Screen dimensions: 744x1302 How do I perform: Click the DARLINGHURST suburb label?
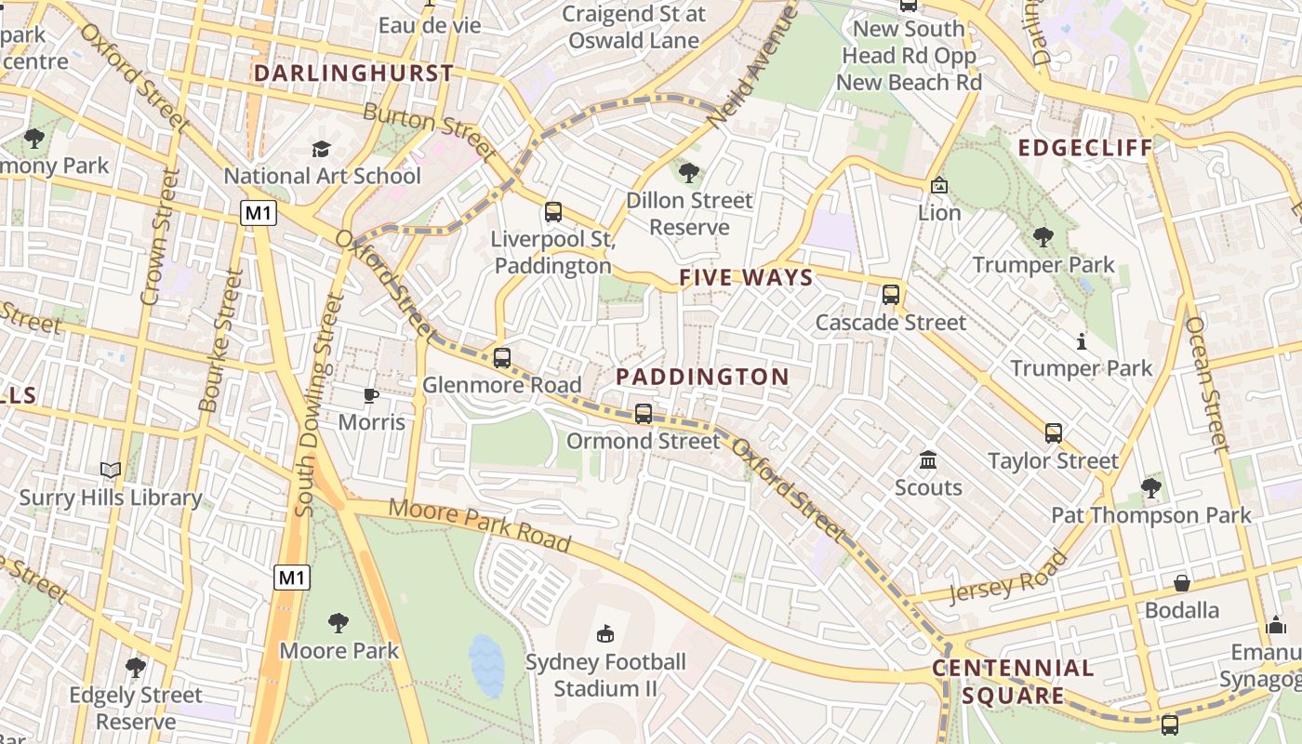(353, 73)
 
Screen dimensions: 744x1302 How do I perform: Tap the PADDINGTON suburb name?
(702, 377)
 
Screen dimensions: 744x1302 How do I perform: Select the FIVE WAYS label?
(746, 277)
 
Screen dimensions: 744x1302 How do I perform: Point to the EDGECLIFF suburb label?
(1084, 148)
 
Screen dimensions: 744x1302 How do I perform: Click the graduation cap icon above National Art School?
(321, 149)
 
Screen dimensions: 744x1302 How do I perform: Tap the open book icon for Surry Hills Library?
(111, 471)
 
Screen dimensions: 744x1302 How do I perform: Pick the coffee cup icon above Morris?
(371, 395)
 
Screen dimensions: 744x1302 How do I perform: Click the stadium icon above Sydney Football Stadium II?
(605, 634)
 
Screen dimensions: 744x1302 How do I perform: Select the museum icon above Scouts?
(927, 459)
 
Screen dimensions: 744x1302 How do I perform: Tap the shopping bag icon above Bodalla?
(1181, 583)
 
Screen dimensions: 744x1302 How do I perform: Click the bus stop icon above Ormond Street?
(643, 413)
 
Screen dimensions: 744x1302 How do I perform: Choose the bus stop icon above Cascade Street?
(890, 295)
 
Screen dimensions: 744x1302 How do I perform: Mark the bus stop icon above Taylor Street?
(1053, 432)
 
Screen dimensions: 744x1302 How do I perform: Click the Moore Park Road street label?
(479, 523)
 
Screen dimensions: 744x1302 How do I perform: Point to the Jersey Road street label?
(1008, 578)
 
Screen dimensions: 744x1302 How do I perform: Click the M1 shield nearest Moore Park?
(292, 578)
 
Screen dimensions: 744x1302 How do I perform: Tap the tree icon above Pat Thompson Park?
(1150, 487)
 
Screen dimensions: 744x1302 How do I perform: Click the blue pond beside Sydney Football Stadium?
(486, 664)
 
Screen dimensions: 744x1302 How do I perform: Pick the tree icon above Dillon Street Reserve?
(688, 172)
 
